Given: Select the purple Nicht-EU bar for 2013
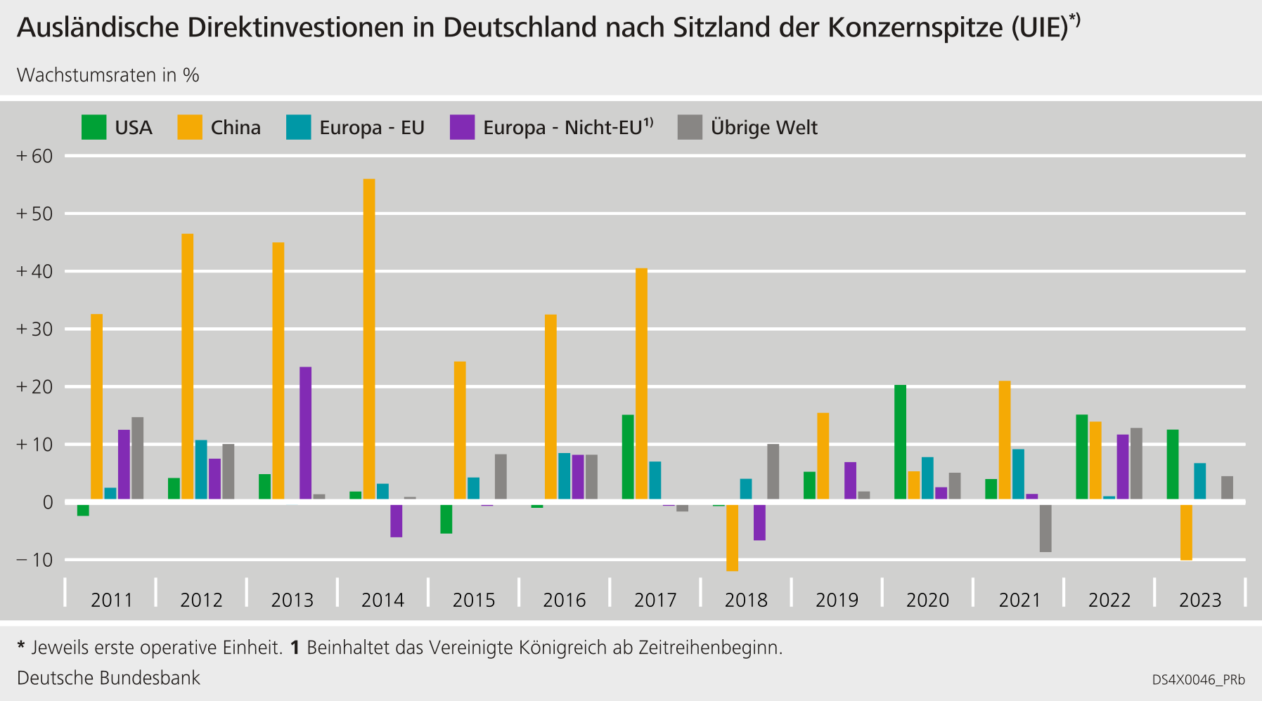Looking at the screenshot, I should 305,433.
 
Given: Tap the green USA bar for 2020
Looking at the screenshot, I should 900,442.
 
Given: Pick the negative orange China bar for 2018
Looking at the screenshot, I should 732,537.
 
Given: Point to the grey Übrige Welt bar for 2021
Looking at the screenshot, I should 1045,528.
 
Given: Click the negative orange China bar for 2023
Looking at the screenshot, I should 1186,532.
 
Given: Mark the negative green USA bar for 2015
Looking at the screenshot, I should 446,518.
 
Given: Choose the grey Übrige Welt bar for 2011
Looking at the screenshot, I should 138,458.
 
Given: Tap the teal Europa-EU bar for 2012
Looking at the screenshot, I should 201,469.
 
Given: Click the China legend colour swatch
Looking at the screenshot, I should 190,127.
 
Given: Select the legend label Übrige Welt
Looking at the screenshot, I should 764,128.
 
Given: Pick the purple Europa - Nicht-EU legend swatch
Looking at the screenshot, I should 462,127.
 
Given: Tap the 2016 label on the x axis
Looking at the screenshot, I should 564,600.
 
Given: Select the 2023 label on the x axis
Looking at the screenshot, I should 1200,600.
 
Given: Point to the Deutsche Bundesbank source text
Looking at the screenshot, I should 108,678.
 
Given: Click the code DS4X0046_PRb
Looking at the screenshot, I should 1198,680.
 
